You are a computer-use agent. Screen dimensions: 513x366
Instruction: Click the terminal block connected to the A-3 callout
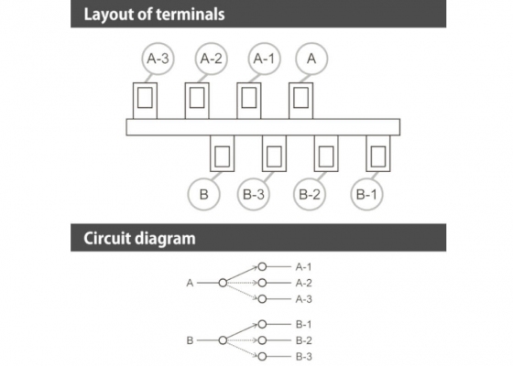tap(145, 101)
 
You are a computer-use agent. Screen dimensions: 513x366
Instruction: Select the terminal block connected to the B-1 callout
tap(378, 154)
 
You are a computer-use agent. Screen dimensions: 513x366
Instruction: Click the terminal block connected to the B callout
tap(222, 154)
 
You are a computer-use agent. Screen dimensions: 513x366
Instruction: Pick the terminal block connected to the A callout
tap(301, 101)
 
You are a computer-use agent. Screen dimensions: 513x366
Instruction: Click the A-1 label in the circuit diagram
tap(303, 267)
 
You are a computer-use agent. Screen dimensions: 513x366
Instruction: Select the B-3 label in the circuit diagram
tap(304, 357)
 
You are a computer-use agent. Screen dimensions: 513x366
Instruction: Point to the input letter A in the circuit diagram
tap(190, 283)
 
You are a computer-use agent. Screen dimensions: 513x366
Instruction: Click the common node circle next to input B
tap(223, 340)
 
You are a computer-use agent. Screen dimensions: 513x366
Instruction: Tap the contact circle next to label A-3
tap(262, 299)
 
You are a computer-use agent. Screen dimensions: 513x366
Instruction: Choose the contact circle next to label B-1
tap(262, 324)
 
